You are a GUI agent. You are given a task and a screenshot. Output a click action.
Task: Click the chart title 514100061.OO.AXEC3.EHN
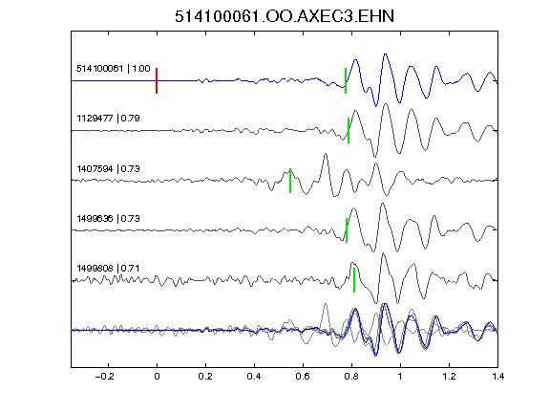coord(285,16)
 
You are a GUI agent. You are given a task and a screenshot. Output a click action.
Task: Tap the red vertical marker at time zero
coord(157,80)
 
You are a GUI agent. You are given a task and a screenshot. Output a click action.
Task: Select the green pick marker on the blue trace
coord(346,80)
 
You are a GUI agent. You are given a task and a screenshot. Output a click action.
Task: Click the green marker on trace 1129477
coord(349,130)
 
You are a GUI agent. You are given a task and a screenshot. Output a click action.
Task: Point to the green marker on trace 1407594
coord(290,181)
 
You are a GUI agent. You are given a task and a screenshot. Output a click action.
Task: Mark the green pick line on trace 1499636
coord(347,230)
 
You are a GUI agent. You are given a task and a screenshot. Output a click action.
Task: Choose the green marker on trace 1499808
coord(354,280)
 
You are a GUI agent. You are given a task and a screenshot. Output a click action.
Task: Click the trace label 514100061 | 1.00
coord(114,69)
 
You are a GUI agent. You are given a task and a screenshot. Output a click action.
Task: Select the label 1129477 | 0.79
coord(108,119)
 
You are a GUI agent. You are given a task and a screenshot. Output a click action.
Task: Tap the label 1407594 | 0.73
coord(108,169)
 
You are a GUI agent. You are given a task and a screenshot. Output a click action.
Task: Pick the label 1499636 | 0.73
coord(108,218)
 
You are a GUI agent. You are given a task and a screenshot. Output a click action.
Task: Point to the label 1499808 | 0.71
coord(108,269)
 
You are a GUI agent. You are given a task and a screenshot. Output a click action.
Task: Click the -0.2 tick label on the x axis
coord(104,377)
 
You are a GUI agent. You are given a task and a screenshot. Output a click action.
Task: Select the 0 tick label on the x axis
coord(157,377)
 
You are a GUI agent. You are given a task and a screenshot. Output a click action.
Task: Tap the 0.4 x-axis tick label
coord(254,377)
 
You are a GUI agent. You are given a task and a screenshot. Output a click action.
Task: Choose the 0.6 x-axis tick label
coord(303,377)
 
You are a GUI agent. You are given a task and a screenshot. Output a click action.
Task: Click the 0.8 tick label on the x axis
coord(351,377)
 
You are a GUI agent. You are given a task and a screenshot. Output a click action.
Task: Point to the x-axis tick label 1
coord(400,377)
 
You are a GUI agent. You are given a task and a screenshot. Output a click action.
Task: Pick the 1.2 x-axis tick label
coord(449,377)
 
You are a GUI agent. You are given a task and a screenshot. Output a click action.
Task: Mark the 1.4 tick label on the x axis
coord(497,377)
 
